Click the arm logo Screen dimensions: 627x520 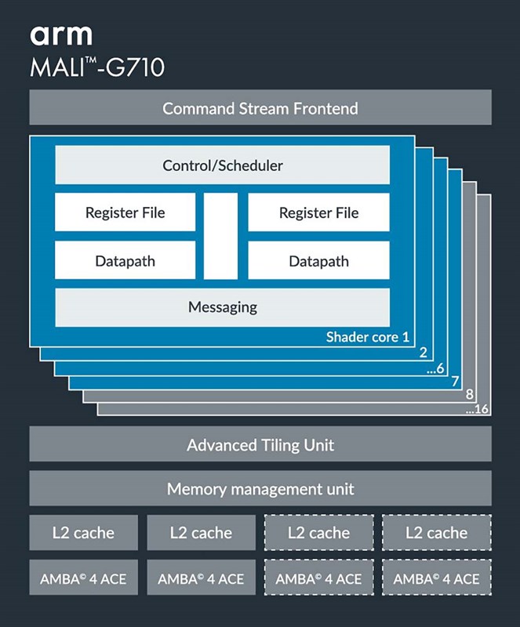(61, 34)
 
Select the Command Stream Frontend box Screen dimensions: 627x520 (260, 107)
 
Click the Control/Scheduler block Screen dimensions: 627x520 (223, 165)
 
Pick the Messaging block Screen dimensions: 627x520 (223, 306)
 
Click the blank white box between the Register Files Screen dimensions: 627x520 (221, 236)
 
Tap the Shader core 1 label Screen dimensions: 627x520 (368, 338)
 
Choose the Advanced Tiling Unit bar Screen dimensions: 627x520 (260, 445)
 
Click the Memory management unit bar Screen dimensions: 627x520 (260, 490)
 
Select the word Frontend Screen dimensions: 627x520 (325, 108)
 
